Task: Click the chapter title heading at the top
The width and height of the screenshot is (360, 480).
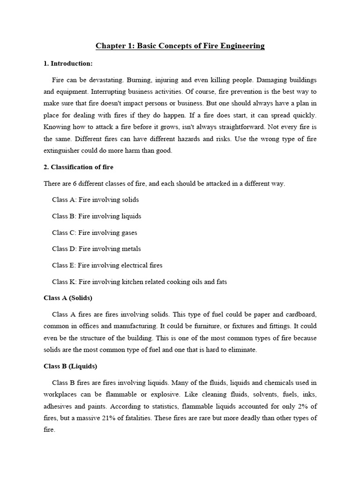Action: pos(180,46)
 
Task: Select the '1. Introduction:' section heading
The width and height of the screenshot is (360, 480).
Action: pos(68,63)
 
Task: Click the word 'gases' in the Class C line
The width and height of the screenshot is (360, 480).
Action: pos(128,232)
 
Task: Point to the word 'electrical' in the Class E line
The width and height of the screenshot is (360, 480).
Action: pos(130,265)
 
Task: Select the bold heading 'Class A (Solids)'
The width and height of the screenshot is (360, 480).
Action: pos(68,298)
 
